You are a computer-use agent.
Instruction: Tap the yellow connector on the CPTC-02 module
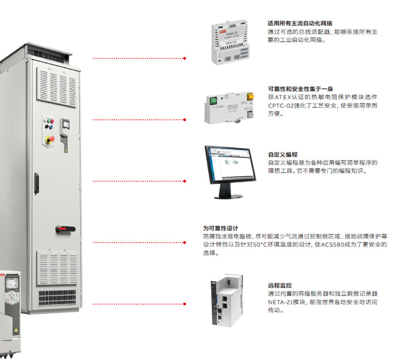[250, 97]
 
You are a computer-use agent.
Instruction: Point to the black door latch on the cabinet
[36, 183]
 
